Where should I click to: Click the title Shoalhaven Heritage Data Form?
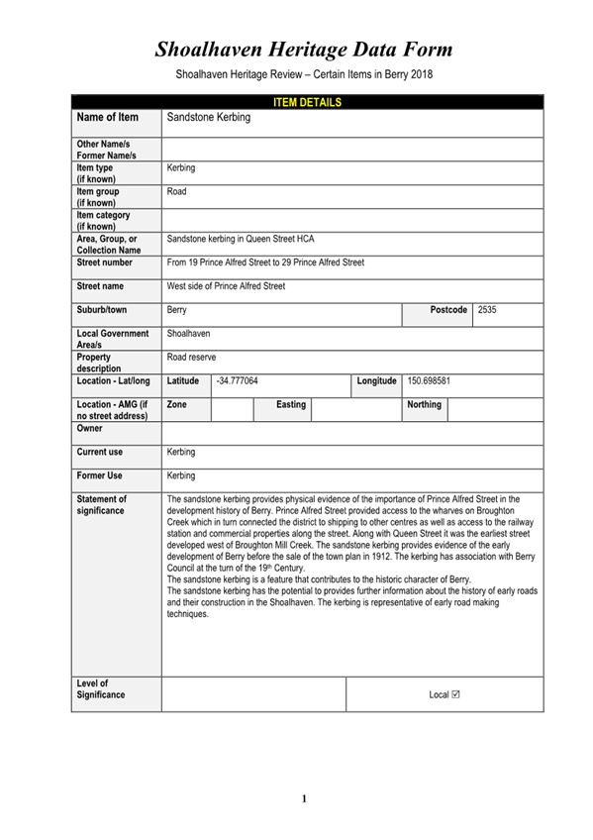pos(303,49)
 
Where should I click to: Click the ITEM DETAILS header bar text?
pos(306,102)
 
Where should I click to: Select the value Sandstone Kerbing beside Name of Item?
pos(209,118)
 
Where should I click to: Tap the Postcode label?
pos(448,310)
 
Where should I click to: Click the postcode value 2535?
pos(487,310)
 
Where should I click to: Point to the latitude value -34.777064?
pos(238,380)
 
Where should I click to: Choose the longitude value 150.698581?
pos(430,380)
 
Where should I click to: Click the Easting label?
pos(290,404)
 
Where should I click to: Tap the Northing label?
pos(424,404)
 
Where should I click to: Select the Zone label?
pos(177,404)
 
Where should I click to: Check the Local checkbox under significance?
pos(455,694)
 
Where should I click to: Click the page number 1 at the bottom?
pos(305,798)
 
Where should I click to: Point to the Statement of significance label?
pos(102,505)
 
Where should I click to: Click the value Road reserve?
pos(192,358)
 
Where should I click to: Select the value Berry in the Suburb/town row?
pos(177,310)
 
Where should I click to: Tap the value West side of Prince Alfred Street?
pos(226,286)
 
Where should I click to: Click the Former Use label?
pos(99,475)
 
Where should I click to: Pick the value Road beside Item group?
pos(177,191)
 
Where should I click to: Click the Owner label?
pos(90,429)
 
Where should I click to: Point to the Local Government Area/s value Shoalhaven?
pos(188,334)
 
